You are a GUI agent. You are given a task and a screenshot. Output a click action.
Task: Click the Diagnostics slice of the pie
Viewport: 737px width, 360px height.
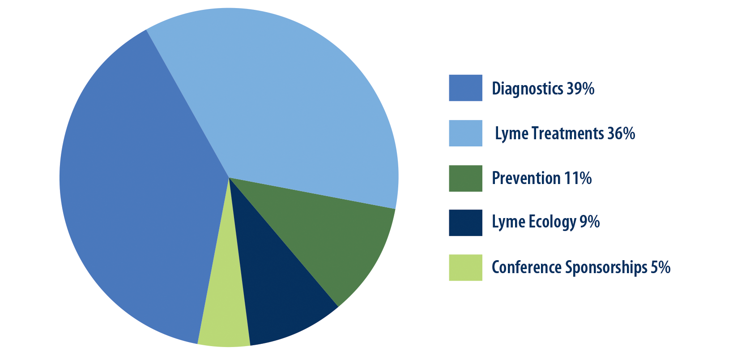point(138,184)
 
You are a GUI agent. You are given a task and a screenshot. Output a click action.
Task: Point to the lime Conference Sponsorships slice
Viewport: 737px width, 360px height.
point(224,313)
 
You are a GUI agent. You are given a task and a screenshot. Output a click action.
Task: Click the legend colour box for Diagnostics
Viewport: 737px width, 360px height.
point(465,88)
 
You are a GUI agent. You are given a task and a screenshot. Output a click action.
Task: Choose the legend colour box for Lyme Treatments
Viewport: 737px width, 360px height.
point(465,133)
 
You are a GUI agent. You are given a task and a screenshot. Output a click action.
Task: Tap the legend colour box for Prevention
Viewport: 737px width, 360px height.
point(465,178)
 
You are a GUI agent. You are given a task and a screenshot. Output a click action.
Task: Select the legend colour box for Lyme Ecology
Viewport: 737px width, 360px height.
point(465,223)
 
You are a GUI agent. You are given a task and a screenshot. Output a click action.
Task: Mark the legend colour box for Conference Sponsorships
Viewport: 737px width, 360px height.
point(465,267)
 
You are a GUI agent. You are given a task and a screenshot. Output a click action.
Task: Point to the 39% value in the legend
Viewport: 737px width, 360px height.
point(580,88)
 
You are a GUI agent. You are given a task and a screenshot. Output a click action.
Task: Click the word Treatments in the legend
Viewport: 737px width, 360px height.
point(568,133)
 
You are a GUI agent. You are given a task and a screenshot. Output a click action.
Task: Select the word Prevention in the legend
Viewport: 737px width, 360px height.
point(526,178)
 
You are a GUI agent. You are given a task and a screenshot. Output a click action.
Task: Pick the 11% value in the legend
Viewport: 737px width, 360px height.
point(578,178)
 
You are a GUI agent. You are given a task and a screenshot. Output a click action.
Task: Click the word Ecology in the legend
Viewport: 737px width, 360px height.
point(553,223)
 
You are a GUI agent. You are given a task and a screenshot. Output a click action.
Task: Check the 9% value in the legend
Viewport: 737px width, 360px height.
point(590,222)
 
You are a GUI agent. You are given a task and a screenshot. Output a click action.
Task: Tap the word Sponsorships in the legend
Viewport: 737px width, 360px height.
point(606,267)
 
